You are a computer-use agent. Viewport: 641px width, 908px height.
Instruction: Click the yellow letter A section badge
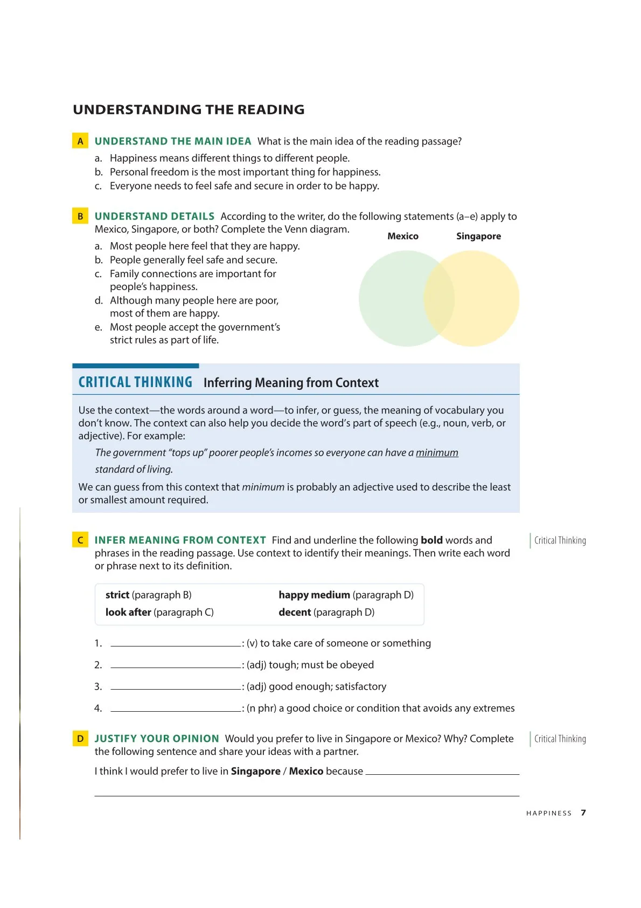tap(80, 141)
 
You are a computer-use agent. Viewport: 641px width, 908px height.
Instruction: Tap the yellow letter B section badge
tap(80, 216)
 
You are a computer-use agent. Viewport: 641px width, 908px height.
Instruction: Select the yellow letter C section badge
tap(80, 540)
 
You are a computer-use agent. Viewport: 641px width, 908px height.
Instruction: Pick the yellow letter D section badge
tap(80, 739)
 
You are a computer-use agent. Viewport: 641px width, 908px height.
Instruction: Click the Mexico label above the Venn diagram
tap(403, 236)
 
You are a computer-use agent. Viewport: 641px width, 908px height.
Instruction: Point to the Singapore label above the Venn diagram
tap(478, 236)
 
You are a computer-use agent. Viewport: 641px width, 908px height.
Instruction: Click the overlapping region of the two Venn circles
tap(439, 299)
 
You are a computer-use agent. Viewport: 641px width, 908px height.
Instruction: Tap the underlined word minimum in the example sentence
tap(437, 453)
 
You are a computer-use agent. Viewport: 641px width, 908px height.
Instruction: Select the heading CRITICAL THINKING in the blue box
tap(135, 382)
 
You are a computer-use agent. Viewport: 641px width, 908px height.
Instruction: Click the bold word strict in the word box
tap(117, 595)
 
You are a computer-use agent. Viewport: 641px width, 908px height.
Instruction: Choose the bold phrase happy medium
tap(314, 595)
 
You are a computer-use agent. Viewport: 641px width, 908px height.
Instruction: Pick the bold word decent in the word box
tap(295, 612)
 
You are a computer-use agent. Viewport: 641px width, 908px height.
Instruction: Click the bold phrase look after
tap(128, 612)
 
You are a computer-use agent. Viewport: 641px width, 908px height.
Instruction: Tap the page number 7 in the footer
tap(583, 813)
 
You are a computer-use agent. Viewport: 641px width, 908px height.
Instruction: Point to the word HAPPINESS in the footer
tap(549, 813)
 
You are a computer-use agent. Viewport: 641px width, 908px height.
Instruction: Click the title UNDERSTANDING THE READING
tap(189, 109)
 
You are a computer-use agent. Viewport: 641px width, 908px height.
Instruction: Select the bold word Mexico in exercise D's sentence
tap(306, 771)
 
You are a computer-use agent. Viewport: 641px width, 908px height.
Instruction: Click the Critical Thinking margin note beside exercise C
tap(560, 540)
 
